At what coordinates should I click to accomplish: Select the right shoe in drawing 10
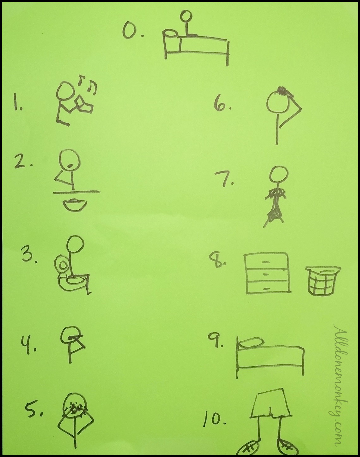tap(286, 446)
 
